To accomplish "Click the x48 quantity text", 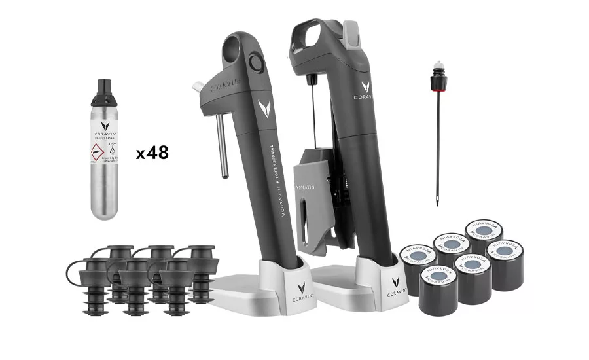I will (152, 153).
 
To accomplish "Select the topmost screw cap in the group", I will (484, 230).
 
